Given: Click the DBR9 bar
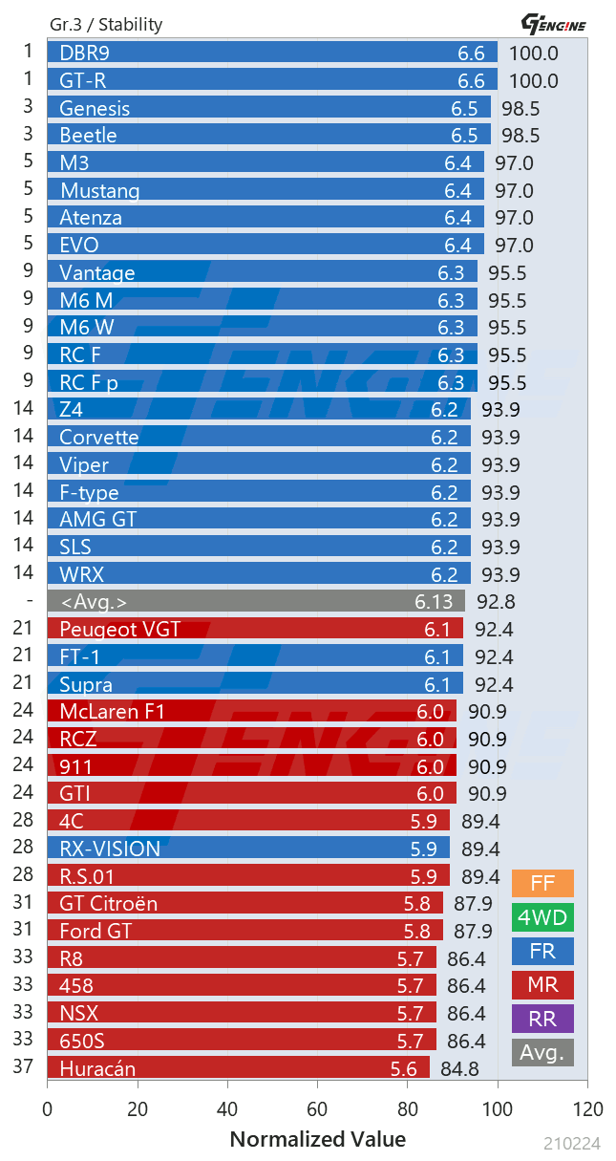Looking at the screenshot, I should (272, 54).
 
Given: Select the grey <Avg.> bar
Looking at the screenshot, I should (256, 601).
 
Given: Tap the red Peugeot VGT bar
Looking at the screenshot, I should (255, 629).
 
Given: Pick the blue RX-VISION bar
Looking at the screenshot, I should (248, 849).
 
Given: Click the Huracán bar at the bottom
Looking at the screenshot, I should (239, 1067).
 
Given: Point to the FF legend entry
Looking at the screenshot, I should (542, 883).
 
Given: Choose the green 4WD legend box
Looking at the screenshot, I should (542, 917).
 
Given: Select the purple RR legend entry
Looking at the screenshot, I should (542, 1019).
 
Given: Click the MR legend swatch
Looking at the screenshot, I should (542, 984).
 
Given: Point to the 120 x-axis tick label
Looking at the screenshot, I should (587, 1109).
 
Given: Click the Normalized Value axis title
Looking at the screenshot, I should (318, 1139).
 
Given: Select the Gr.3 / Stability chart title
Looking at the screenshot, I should (106, 25).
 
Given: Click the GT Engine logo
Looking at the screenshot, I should (553, 23).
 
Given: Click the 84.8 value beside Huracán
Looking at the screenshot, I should (460, 1068).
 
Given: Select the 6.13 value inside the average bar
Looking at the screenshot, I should (435, 602).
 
